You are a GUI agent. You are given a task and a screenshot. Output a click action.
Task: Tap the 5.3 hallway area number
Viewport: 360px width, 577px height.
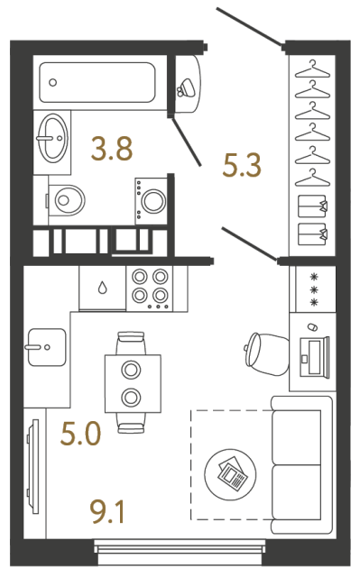coord(241,165)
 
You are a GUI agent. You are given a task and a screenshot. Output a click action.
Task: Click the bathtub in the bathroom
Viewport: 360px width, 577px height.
coord(97,82)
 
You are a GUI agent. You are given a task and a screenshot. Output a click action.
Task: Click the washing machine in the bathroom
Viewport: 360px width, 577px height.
coord(151,197)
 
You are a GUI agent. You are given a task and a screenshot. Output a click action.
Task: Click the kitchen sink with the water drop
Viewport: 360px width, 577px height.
coord(105,288)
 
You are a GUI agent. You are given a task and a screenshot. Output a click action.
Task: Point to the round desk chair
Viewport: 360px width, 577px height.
coord(263,352)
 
